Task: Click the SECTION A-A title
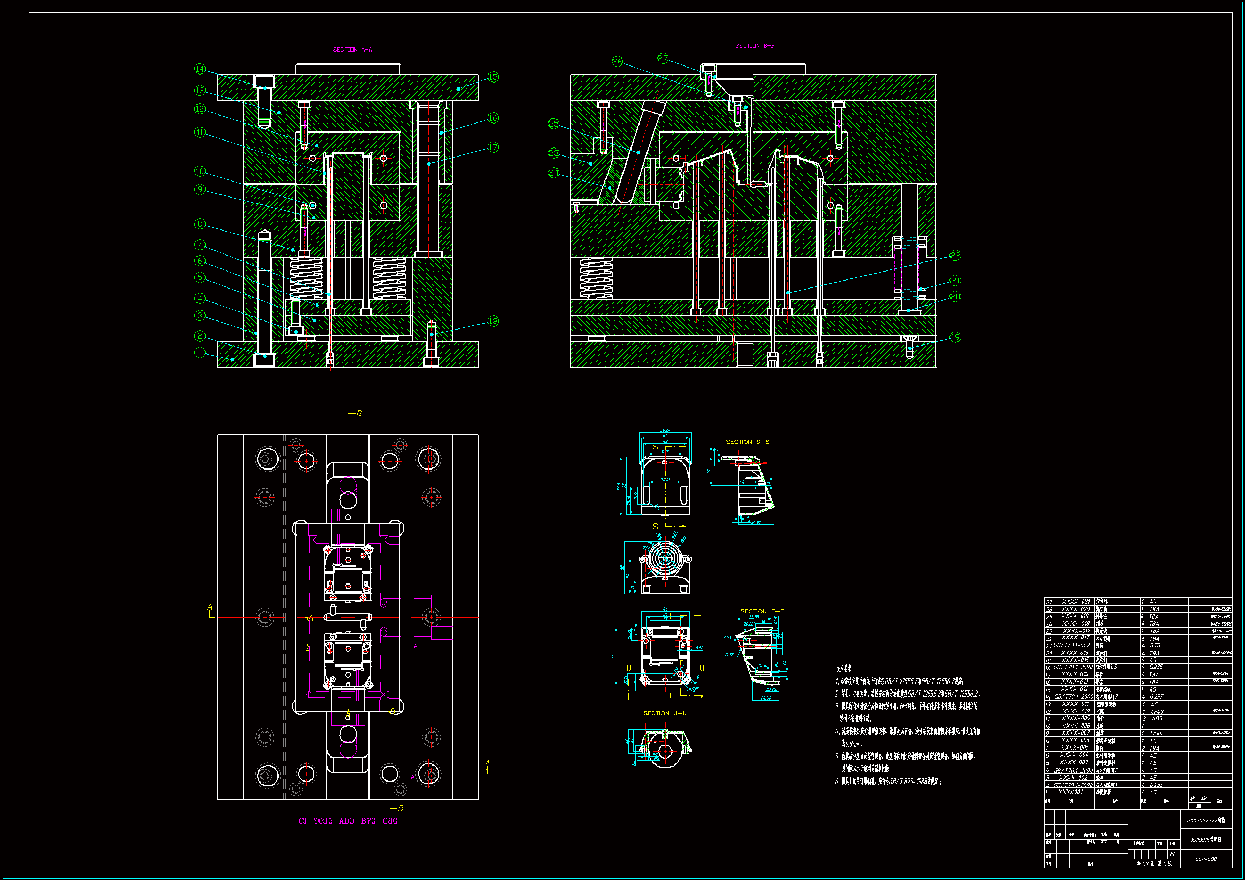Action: (x=352, y=50)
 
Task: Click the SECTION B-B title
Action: (x=754, y=46)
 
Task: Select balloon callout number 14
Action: (x=200, y=69)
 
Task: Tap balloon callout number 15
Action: (x=493, y=77)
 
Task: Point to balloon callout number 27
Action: (x=663, y=58)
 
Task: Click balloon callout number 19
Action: (x=955, y=337)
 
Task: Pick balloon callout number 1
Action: (x=200, y=352)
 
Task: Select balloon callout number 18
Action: (x=493, y=321)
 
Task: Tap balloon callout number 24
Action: (x=553, y=172)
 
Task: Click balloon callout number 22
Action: (x=955, y=255)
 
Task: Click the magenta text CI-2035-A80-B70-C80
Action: (x=348, y=821)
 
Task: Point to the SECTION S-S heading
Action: (x=747, y=442)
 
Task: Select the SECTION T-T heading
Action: (x=761, y=611)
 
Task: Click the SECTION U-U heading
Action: (x=665, y=713)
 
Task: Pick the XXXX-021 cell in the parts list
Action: (x=1076, y=601)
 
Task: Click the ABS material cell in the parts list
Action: (x=1157, y=718)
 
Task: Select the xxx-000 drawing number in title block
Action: (x=1206, y=859)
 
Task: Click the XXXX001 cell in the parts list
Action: (x=1071, y=792)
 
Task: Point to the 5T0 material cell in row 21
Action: (x=1155, y=645)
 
